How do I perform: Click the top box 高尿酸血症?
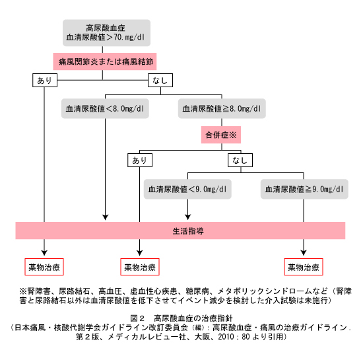(106, 33)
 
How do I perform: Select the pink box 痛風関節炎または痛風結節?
(105, 61)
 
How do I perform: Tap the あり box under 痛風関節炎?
(45, 81)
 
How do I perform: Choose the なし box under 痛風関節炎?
(160, 81)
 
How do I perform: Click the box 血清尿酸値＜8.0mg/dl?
(105, 108)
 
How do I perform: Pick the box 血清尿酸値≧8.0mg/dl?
(222, 108)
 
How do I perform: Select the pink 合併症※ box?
(221, 135)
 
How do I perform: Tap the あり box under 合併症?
(140, 160)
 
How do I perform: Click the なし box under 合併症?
(240, 160)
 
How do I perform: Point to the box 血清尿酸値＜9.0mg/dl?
(187, 189)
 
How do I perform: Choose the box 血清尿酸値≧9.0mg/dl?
(304, 189)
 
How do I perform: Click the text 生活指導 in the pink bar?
(188, 231)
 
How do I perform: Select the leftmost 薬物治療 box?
(44, 267)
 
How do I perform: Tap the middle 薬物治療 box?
(140, 267)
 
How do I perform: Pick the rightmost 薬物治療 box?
(304, 267)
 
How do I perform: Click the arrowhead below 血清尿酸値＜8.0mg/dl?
(106, 217)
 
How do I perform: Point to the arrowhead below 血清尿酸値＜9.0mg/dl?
(187, 217)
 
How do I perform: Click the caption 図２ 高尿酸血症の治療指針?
(181, 318)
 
